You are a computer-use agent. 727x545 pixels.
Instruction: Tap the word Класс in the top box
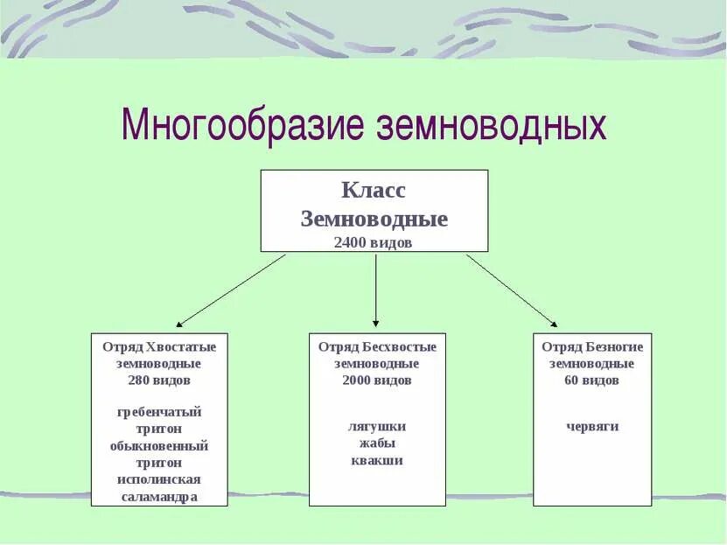pyautogui.click(x=374, y=190)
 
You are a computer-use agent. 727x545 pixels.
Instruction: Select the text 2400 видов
pyautogui.click(x=374, y=242)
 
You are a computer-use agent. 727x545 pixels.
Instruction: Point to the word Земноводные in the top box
pyautogui.click(x=374, y=218)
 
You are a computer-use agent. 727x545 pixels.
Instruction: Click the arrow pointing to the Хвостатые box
pyautogui.click(x=232, y=290)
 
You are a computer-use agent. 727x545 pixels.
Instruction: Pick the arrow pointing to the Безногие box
pyautogui.click(x=512, y=290)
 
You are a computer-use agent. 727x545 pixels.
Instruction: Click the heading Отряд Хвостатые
pyautogui.click(x=159, y=346)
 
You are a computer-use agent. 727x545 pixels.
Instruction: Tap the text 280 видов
pyautogui.click(x=159, y=380)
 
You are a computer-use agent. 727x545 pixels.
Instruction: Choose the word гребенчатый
pyautogui.click(x=159, y=411)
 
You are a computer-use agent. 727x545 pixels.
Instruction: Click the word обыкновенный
pyautogui.click(x=159, y=445)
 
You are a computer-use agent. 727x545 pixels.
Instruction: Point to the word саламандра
pyautogui.click(x=159, y=496)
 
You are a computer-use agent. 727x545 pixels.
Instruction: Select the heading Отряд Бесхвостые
pyautogui.click(x=377, y=346)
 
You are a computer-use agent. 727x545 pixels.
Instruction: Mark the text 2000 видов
pyautogui.click(x=377, y=380)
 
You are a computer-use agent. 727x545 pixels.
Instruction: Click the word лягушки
pyautogui.click(x=377, y=426)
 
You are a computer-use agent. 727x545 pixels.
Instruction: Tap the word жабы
pyautogui.click(x=377, y=444)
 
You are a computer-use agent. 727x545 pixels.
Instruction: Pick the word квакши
pyautogui.click(x=377, y=460)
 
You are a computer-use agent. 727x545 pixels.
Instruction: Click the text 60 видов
pyautogui.click(x=592, y=380)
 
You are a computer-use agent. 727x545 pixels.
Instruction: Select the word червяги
pyautogui.click(x=592, y=426)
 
